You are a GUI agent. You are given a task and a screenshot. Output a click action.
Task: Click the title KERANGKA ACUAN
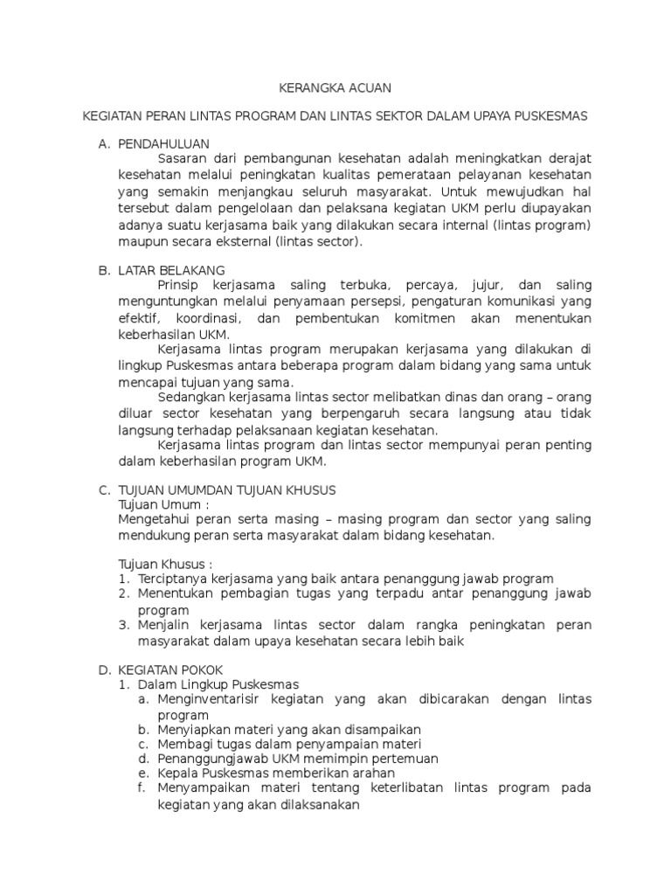click(x=335, y=87)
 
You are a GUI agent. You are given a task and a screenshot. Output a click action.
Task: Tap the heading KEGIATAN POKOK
click(x=171, y=669)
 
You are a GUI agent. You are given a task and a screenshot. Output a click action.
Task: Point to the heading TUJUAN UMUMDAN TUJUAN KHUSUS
click(x=227, y=489)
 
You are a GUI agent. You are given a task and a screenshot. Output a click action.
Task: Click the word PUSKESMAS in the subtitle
click(x=549, y=115)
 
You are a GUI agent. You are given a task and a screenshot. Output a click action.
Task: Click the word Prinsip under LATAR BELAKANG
click(x=179, y=286)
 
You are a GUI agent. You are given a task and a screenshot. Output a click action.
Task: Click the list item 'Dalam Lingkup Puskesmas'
click(x=218, y=684)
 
